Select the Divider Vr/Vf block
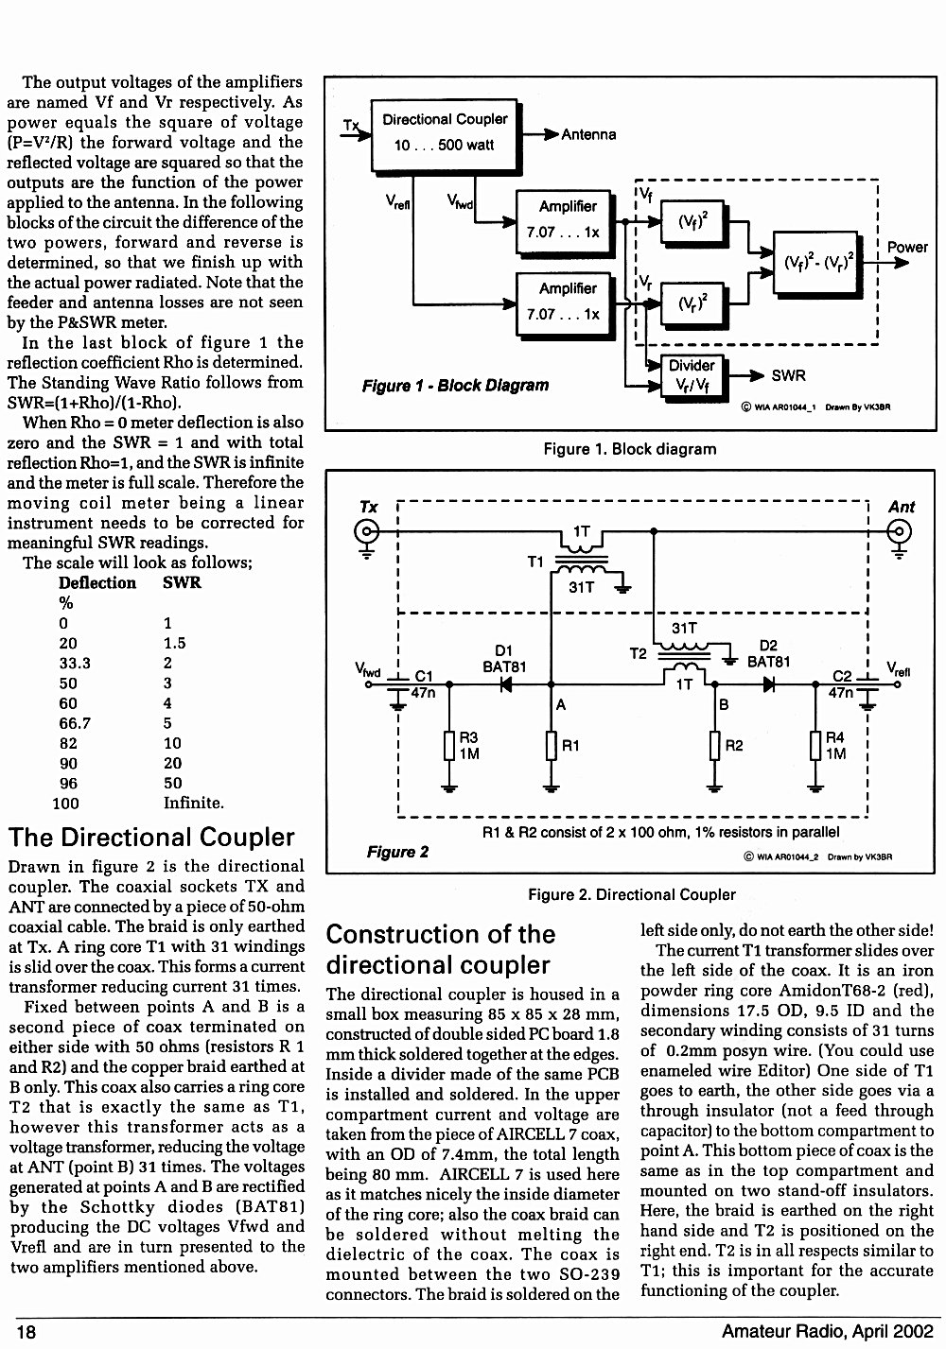click(x=692, y=375)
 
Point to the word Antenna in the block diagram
click(x=588, y=134)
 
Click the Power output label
click(x=907, y=247)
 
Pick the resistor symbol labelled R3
click(x=449, y=746)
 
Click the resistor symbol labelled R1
click(x=552, y=746)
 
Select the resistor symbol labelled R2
click(x=714, y=746)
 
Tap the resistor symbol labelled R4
click(x=815, y=746)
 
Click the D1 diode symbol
click(x=506, y=684)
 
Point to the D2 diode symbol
click(x=769, y=684)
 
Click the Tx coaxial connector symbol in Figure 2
click(x=367, y=532)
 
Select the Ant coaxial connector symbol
click(x=899, y=532)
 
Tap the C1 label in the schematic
click(x=424, y=676)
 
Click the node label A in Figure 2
click(x=561, y=704)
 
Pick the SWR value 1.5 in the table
click(x=175, y=643)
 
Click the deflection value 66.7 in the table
click(x=75, y=723)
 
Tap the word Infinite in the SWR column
click(x=193, y=803)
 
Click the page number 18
click(x=26, y=1331)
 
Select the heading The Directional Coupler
click(x=151, y=838)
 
